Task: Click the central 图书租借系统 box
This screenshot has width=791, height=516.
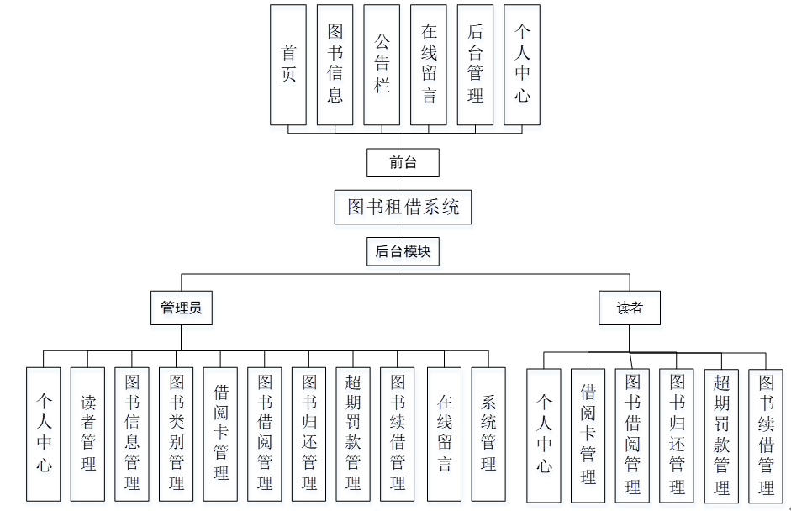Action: (x=403, y=207)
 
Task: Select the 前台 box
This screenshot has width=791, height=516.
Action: (x=403, y=162)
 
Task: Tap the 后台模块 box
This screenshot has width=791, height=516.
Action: (x=403, y=250)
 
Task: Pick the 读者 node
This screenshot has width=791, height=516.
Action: (x=630, y=308)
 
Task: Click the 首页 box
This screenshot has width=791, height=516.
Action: (x=288, y=65)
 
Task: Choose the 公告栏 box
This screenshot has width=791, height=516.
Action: (x=382, y=65)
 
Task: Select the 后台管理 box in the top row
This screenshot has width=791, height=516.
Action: (x=476, y=65)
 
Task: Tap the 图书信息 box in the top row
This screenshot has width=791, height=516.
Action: (x=335, y=65)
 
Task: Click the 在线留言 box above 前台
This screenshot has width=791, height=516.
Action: (x=429, y=65)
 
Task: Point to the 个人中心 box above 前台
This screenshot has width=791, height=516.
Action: (x=522, y=65)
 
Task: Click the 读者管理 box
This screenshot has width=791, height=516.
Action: (x=88, y=434)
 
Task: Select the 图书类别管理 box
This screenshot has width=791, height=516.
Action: (x=177, y=434)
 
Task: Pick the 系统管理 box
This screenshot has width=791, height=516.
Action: (x=488, y=434)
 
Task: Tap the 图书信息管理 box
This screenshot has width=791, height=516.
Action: (x=132, y=434)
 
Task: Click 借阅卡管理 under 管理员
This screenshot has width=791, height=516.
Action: (x=221, y=434)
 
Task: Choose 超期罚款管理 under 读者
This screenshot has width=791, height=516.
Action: (x=721, y=436)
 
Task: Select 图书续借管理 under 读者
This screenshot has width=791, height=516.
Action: (x=766, y=436)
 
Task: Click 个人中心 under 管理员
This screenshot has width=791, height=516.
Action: (x=44, y=434)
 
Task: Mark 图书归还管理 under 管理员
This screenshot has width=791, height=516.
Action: (x=309, y=434)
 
